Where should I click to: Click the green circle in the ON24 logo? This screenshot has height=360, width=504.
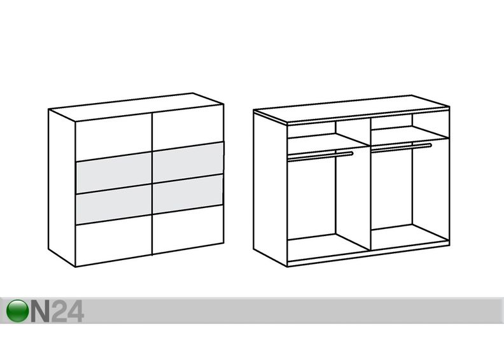(17, 311)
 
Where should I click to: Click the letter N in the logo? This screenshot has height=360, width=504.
(41, 311)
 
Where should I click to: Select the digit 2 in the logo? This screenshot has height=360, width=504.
(59, 311)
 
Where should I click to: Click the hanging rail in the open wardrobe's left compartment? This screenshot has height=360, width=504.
(320, 156)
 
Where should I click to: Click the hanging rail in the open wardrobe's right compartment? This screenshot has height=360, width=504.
(401, 147)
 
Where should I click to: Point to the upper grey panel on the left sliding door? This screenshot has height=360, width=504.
(114, 173)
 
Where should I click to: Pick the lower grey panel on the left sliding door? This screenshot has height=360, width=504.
(114, 204)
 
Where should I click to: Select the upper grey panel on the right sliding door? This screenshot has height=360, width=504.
(188, 162)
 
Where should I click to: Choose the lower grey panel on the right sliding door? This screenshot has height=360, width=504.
(188, 194)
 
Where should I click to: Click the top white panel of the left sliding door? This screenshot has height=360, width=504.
(113, 137)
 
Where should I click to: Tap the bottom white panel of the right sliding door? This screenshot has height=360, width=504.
(188, 230)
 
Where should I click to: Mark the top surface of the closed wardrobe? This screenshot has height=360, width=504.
(136, 107)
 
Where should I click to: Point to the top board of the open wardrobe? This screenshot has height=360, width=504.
(351, 109)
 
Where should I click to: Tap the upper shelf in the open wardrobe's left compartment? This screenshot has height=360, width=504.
(328, 141)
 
